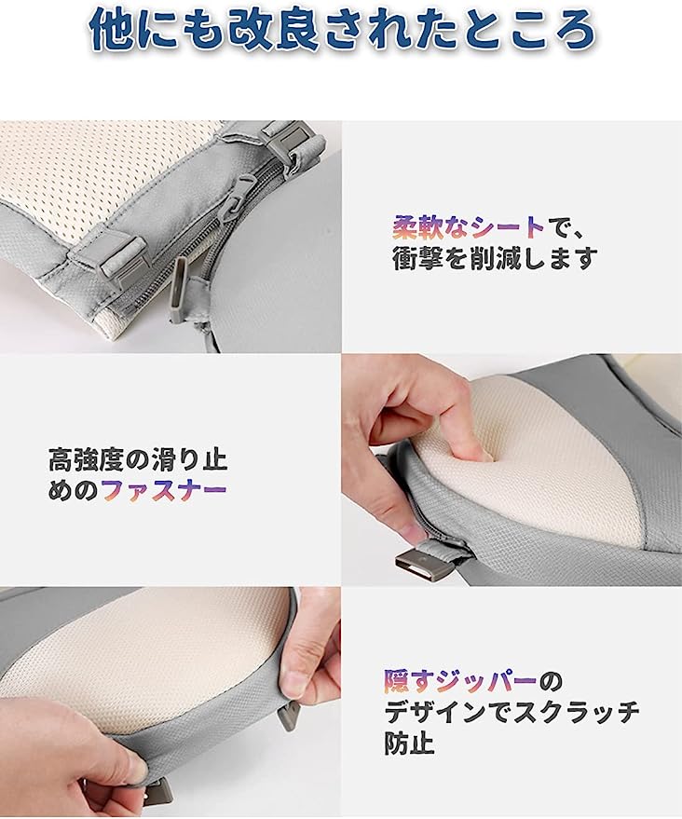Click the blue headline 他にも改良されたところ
click(x=341, y=32)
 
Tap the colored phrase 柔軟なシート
click(x=469, y=226)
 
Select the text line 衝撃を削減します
click(x=493, y=258)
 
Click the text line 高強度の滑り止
click(x=139, y=459)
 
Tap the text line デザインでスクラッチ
click(x=512, y=713)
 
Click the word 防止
click(x=409, y=745)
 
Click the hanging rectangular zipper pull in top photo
click(x=179, y=292)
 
